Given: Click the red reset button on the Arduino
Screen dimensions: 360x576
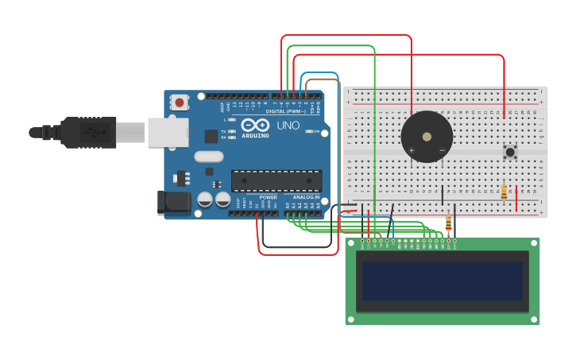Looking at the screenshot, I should (x=180, y=102).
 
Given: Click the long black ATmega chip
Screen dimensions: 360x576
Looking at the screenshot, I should (x=276, y=180).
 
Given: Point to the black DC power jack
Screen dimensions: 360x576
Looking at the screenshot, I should (x=174, y=203).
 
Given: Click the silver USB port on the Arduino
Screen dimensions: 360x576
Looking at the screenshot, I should (x=168, y=133).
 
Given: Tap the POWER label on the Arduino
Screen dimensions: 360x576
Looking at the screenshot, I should (x=269, y=197).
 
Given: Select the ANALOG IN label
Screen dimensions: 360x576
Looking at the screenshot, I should (x=307, y=197).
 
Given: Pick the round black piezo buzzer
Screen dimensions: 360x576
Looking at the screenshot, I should (x=427, y=137).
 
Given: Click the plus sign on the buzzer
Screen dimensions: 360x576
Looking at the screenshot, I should (x=411, y=150).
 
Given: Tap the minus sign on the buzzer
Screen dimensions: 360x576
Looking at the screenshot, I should (x=443, y=150).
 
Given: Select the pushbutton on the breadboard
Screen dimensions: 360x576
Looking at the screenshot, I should (x=510, y=151).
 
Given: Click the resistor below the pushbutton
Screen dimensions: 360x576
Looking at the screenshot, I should (x=504, y=192).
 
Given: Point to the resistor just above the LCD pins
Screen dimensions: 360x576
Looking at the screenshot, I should (x=448, y=223).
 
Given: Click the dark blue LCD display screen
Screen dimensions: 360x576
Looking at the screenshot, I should (x=442, y=281).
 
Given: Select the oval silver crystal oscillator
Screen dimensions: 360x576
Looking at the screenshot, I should (x=208, y=157).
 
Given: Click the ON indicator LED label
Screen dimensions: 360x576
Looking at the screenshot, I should (x=315, y=131).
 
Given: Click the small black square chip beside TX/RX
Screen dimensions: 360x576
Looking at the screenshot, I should (x=211, y=136).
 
